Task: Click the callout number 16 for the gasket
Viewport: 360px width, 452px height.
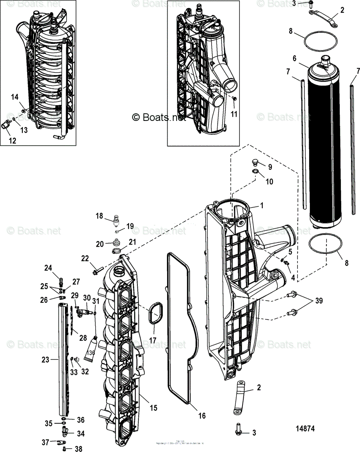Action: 202,415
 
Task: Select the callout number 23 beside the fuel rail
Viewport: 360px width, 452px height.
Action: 45,360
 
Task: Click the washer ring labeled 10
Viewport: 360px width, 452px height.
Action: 255,173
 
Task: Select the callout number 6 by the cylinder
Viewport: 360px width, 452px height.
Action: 294,58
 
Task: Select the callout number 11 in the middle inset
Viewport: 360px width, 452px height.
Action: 234,113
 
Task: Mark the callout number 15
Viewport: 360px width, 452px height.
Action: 153,408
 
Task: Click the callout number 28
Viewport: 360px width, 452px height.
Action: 83,337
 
